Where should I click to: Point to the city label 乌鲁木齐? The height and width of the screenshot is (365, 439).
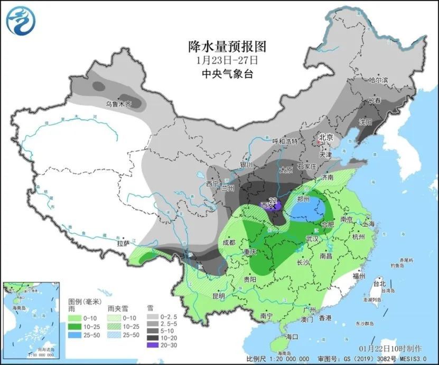117,104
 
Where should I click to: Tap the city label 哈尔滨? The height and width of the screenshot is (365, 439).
378,81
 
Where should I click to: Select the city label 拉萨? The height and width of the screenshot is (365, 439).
123,244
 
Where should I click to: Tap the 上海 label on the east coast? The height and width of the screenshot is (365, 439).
368,224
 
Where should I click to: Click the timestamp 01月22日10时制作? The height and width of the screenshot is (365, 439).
391,349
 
